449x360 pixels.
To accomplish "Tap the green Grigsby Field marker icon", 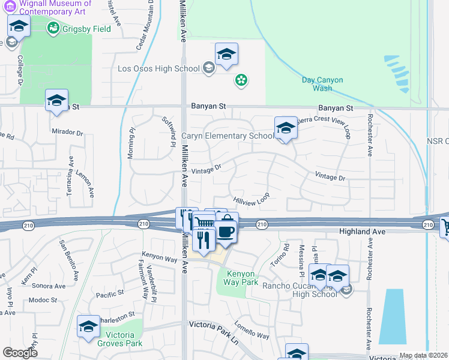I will click(x=53, y=28).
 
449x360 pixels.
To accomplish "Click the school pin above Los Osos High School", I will click(x=226, y=55).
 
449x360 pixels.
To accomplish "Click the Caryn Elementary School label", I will click(x=228, y=136).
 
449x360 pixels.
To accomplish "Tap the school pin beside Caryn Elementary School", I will click(x=286, y=128).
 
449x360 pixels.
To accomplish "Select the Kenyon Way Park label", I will click(x=241, y=278).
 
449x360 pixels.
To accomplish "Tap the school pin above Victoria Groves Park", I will click(x=89, y=327).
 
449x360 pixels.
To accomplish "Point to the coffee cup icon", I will click(x=226, y=231).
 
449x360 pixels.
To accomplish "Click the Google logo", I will click(x=20, y=353).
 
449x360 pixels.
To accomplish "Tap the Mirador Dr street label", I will click(x=67, y=131).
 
